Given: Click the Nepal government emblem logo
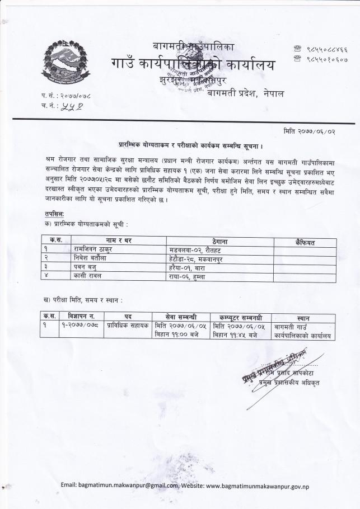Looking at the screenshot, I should tap(66, 60).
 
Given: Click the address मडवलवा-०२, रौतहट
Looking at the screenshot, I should tap(194, 249).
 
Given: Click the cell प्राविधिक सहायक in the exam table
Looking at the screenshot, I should tap(127, 326).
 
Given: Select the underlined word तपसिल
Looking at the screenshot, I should tap(54, 214).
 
